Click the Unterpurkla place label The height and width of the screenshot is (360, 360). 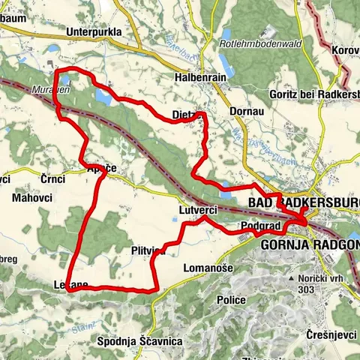click(x=93, y=32)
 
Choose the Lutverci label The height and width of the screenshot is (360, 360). click(x=198, y=211)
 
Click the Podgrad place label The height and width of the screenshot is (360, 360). click(x=260, y=226)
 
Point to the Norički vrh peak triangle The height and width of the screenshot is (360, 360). click(x=292, y=278)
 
